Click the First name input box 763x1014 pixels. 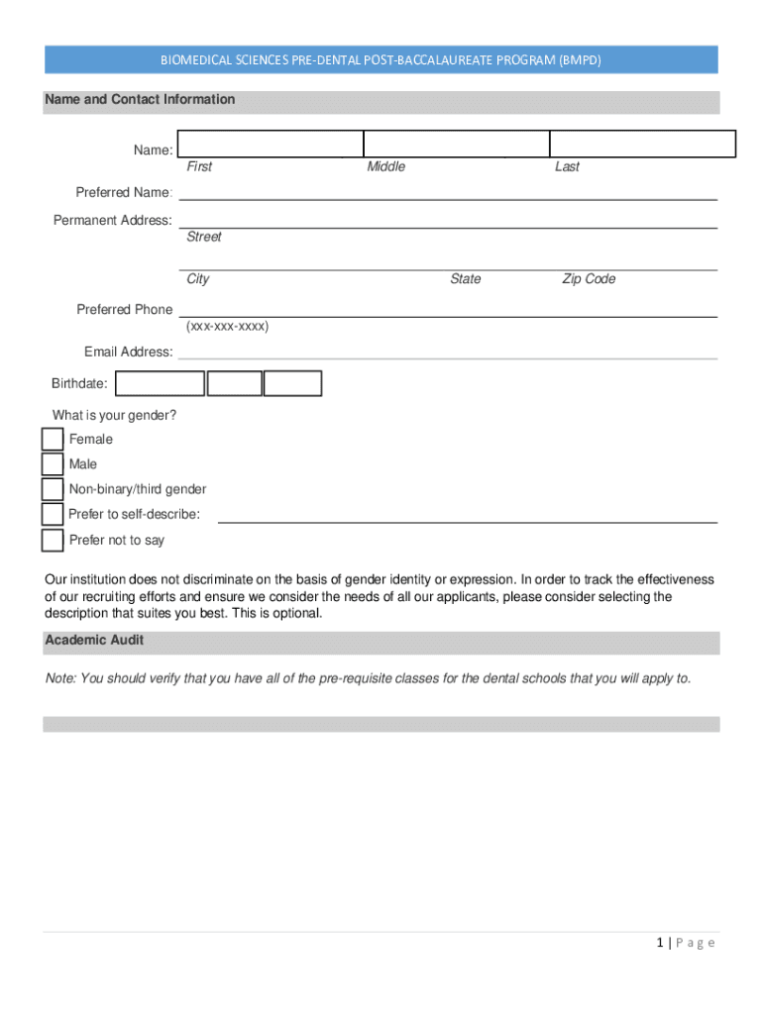click(x=271, y=144)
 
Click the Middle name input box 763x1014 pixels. click(x=456, y=144)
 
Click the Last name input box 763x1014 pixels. click(x=642, y=144)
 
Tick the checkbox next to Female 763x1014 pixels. click(x=53, y=439)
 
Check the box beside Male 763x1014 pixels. click(x=53, y=464)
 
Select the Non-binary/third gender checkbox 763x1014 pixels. click(x=53, y=489)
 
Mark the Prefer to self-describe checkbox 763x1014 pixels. click(x=53, y=514)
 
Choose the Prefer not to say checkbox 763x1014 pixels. click(x=53, y=540)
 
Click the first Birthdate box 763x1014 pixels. click(x=160, y=383)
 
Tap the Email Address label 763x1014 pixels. click(x=128, y=352)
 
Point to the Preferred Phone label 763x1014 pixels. click(x=125, y=310)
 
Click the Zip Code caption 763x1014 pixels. click(x=589, y=279)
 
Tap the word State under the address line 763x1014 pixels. click(x=465, y=279)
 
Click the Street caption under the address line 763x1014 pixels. click(x=204, y=237)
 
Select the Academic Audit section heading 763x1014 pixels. click(x=94, y=641)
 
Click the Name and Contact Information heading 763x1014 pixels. click(x=140, y=99)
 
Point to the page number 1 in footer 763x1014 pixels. click(x=659, y=943)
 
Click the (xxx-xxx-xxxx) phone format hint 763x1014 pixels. click(x=227, y=326)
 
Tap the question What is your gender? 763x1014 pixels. click(x=115, y=415)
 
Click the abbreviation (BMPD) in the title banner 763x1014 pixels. click(x=580, y=60)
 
